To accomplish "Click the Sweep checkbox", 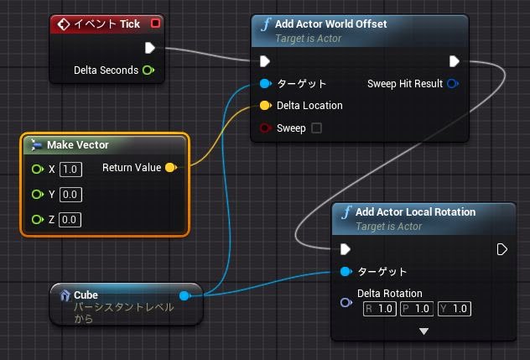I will click(316, 128).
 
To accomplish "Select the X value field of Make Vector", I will click(70, 170).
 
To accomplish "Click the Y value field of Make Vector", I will click(70, 195).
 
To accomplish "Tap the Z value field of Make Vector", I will click(70, 220).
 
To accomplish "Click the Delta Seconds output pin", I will click(148, 70).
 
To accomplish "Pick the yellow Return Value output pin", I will click(170, 168).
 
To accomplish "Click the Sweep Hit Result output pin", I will click(453, 84).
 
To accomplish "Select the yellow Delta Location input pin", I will click(265, 106).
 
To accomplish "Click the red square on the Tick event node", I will click(155, 23).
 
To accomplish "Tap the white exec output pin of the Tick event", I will click(150, 48).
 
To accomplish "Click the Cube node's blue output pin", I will click(184, 295).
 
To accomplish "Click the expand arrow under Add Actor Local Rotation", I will click(424, 331).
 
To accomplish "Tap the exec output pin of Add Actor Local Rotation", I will click(502, 249).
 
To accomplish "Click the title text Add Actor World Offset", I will click(330, 24).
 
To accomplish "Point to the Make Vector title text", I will click(78, 145).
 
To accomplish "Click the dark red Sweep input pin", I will click(265, 128).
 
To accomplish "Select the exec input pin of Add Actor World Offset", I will click(265, 61).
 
